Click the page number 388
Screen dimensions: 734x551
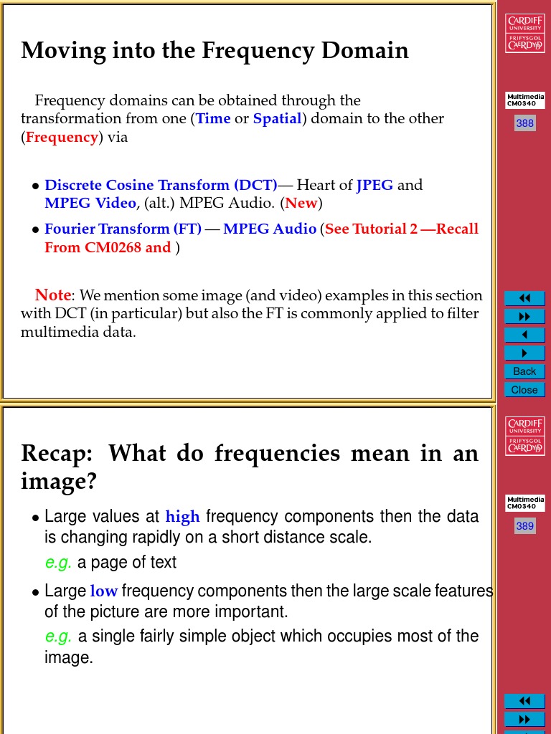pyautogui.click(x=524, y=123)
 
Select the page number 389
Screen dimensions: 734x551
pyautogui.click(x=524, y=526)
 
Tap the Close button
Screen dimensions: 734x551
pyautogui.click(x=524, y=390)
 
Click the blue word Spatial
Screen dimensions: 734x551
pyautogui.click(x=277, y=118)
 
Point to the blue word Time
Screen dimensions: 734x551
pyautogui.click(x=213, y=118)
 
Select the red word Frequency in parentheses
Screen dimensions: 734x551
pyautogui.click(x=62, y=137)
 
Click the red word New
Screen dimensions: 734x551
pyautogui.click(x=301, y=203)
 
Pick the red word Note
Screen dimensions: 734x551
pyautogui.click(x=53, y=295)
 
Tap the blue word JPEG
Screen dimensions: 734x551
pyautogui.click(x=375, y=185)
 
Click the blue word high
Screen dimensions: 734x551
pyautogui.click(x=182, y=517)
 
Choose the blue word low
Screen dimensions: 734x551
pyautogui.click(x=103, y=591)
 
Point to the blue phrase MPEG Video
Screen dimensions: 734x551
pyautogui.click(x=90, y=203)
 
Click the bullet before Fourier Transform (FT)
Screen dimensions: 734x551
pyautogui.click(x=35, y=230)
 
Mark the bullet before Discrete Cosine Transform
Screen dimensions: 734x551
pyautogui.click(x=35, y=186)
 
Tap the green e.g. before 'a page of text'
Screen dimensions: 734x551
pyautogui.click(x=58, y=563)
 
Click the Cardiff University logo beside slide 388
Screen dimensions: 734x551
pyautogui.click(x=524, y=33)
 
